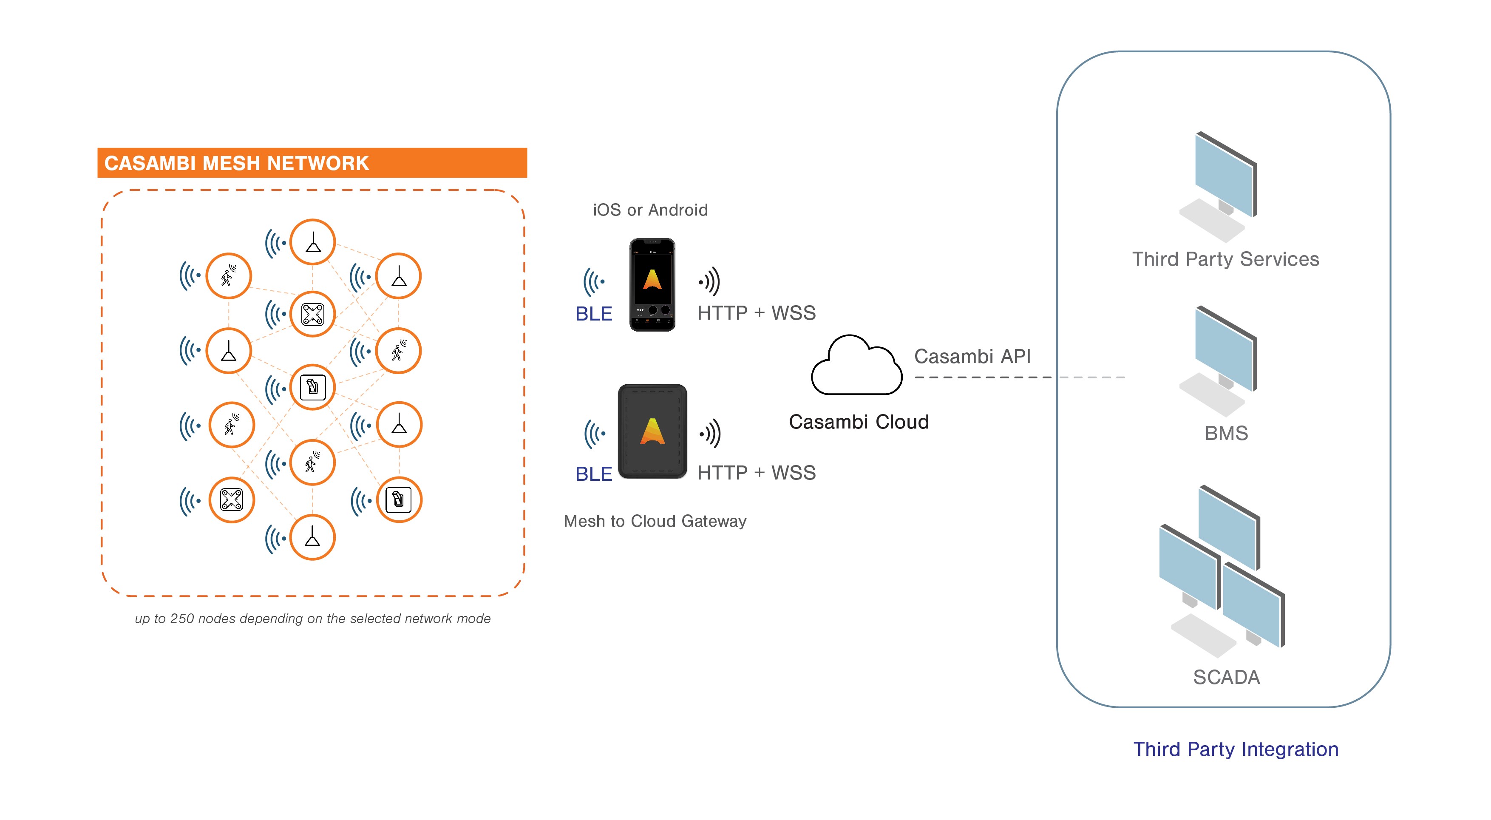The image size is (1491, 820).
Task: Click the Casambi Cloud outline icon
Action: point(856,367)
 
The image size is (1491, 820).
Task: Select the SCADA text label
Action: point(1226,677)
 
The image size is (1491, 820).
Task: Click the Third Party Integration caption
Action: point(1235,749)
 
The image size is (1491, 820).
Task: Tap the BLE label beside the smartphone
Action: point(593,314)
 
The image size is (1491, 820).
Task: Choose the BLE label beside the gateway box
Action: point(593,474)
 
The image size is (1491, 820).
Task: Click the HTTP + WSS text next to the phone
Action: point(756,313)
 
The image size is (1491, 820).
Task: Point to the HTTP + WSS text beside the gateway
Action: point(756,473)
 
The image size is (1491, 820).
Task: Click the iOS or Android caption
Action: point(649,210)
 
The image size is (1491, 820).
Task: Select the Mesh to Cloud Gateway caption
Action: point(655,522)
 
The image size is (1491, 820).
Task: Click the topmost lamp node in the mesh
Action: point(312,242)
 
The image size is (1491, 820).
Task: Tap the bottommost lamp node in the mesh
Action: point(312,538)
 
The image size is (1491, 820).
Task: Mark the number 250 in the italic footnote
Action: point(182,619)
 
